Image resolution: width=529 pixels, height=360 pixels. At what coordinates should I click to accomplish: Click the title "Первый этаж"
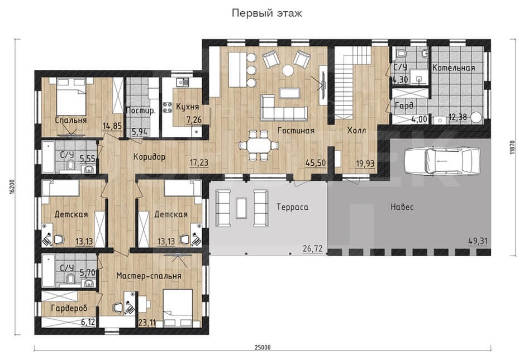(266, 13)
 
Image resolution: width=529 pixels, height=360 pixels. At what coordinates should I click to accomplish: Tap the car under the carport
(442, 161)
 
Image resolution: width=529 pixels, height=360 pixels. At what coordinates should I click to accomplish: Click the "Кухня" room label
(188, 107)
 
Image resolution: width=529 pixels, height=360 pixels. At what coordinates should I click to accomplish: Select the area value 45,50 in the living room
(316, 163)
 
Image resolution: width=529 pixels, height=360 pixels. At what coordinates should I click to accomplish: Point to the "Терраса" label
(293, 207)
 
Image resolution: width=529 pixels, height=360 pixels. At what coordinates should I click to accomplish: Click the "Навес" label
(402, 207)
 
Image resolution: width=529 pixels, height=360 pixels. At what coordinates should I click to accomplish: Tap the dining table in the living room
(259, 146)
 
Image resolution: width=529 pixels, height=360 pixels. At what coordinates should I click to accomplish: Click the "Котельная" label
(454, 68)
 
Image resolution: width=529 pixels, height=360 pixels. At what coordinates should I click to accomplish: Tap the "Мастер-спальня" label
(149, 276)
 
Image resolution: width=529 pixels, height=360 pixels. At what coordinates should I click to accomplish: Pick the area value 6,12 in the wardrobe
(88, 322)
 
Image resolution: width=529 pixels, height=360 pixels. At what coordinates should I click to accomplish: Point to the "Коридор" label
(150, 157)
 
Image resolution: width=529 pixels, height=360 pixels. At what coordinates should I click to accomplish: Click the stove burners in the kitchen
(168, 107)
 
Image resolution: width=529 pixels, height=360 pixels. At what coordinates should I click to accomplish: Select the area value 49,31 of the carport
(478, 241)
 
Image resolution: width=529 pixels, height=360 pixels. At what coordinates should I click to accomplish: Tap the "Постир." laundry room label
(141, 111)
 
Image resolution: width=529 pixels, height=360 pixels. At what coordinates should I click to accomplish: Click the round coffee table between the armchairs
(288, 70)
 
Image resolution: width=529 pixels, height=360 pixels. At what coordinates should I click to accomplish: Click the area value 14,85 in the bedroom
(112, 126)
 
